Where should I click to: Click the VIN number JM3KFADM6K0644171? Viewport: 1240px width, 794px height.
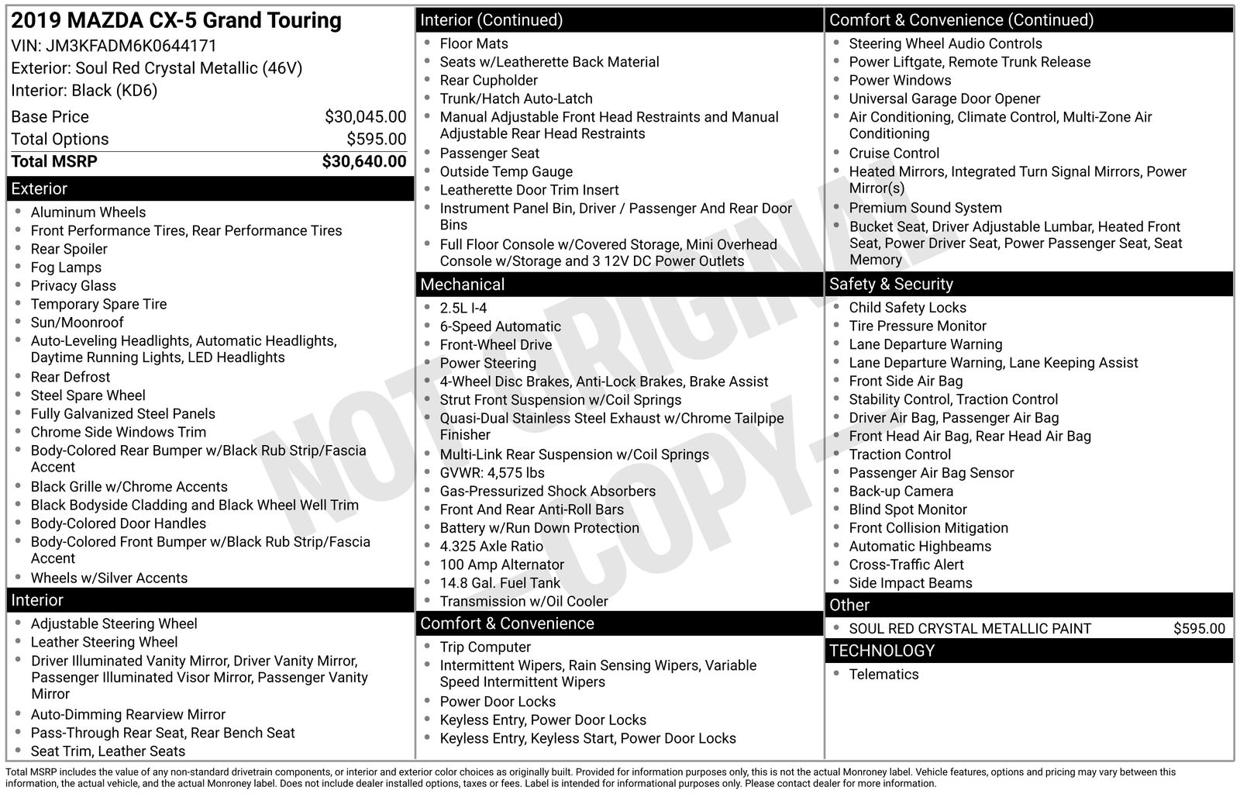(131, 46)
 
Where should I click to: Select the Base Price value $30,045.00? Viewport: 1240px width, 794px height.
(365, 117)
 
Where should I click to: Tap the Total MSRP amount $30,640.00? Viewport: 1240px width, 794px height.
(363, 161)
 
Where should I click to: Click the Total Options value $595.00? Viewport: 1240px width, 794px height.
(376, 140)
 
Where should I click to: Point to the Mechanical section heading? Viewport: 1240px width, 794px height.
(463, 285)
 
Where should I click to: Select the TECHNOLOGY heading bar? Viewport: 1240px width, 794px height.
(882, 651)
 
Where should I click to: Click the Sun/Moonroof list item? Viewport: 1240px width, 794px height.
(77, 323)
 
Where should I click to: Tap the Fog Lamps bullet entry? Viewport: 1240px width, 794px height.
(66, 268)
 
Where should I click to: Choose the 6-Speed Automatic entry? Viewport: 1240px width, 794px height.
(500, 326)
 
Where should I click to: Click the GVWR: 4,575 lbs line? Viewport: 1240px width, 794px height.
(492, 473)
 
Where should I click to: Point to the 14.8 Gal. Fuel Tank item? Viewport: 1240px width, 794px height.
(500, 583)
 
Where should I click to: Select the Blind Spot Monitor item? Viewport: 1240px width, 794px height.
(908, 509)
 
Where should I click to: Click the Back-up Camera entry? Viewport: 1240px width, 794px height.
(901, 492)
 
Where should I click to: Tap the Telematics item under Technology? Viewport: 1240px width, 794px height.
(883, 675)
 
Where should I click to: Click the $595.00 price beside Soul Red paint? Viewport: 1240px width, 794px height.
(1199, 629)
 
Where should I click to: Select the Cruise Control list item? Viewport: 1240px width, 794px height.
(894, 154)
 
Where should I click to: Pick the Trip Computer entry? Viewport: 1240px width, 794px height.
(485, 647)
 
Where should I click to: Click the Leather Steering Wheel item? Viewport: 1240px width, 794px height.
(104, 642)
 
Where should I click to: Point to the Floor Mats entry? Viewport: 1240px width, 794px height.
(474, 44)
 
